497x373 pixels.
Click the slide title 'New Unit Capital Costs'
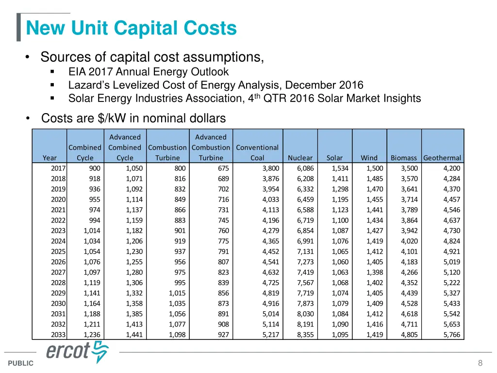point(131,28)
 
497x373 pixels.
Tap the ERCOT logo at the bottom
point(78,352)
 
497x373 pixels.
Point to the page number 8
point(480,363)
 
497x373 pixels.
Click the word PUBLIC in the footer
point(21,363)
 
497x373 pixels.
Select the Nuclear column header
point(300,158)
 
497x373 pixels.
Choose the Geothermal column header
point(442,158)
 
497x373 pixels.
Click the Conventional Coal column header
point(257,153)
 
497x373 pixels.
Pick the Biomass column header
point(404,158)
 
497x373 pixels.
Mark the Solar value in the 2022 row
point(340,220)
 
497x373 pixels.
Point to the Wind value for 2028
point(375,283)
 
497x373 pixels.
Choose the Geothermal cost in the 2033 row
point(451,335)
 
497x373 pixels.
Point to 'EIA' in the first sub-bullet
point(76,72)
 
